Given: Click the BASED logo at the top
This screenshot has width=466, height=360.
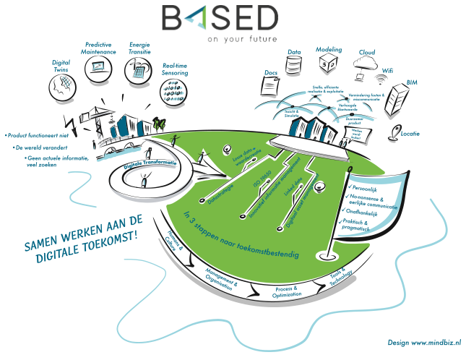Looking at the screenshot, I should [220, 18].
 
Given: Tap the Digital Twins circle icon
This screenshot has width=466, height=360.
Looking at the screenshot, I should [61, 87].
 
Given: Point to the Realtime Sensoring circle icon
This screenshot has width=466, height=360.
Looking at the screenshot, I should [173, 92].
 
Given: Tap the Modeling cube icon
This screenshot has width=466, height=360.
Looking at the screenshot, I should [329, 64].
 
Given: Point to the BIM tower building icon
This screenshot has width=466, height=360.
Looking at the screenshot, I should [398, 101].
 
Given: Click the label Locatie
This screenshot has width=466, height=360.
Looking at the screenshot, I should [410, 132].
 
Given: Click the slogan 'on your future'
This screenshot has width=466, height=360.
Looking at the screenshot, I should [241, 38].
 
